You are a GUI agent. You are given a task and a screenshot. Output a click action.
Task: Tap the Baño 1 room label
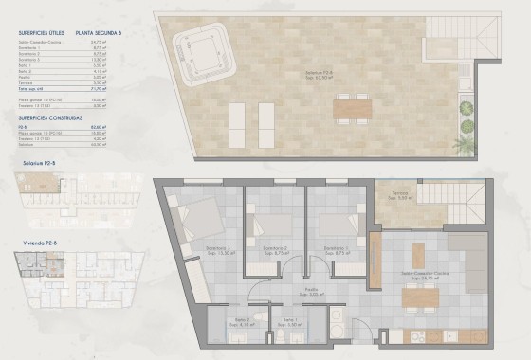click(x=290, y=323)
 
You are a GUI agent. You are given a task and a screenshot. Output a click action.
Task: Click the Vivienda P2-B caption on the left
click(x=27, y=243)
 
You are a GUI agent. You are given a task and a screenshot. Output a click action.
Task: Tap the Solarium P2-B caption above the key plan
click(x=29, y=164)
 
